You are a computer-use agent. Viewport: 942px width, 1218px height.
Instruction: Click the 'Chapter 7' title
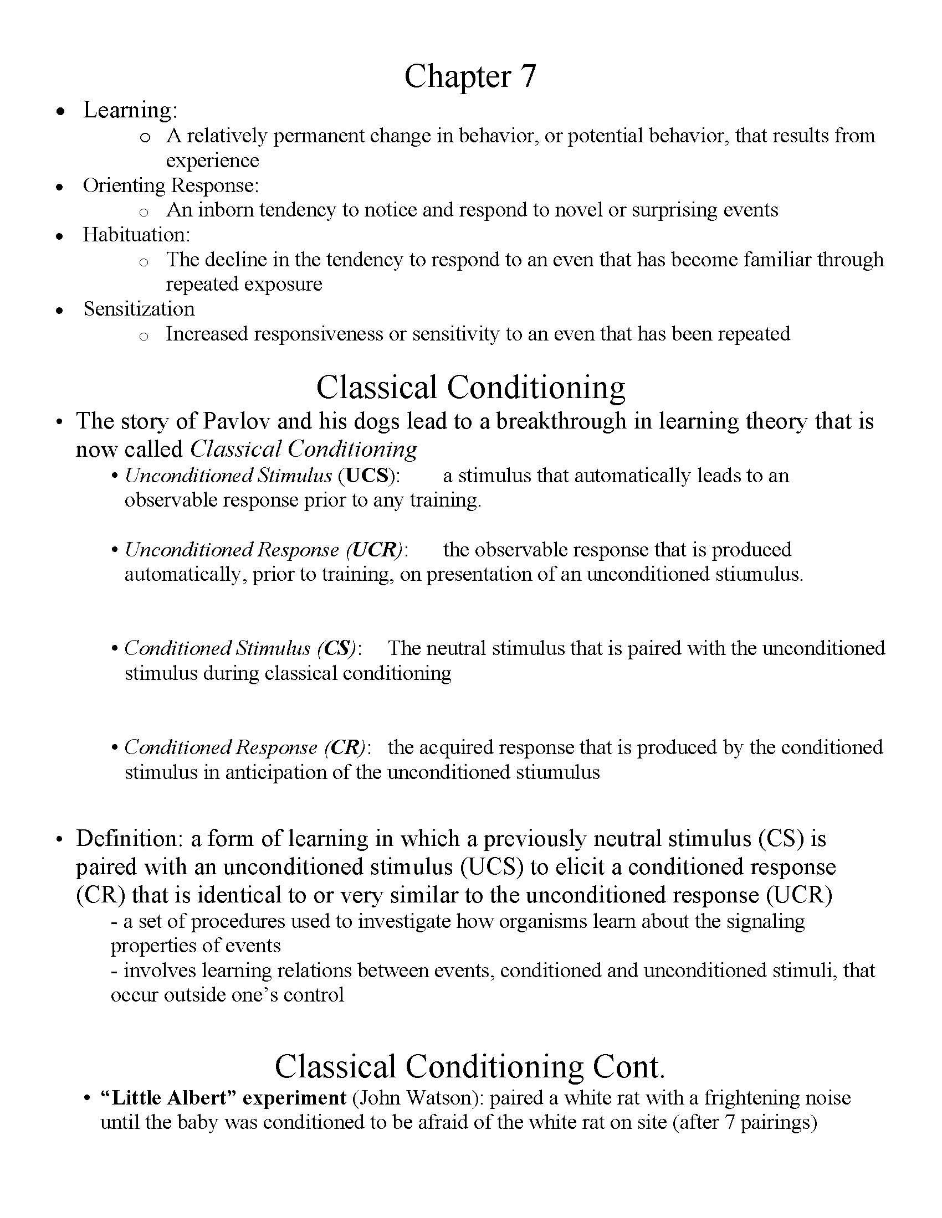(x=470, y=76)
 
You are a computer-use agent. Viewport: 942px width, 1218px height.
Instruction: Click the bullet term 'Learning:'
(x=130, y=110)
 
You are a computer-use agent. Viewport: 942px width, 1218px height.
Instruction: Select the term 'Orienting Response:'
(x=171, y=185)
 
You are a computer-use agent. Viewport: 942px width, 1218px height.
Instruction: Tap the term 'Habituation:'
(x=137, y=235)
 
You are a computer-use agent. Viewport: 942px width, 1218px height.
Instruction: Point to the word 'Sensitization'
(x=139, y=309)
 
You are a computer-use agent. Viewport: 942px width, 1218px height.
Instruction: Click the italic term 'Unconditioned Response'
(x=231, y=550)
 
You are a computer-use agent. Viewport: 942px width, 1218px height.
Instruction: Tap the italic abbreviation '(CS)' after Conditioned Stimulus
(x=336, y=648)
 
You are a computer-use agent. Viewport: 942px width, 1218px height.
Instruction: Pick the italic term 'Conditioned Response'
(x=221, y=747)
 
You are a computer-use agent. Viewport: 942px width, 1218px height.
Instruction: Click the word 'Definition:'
(x=130, y=839)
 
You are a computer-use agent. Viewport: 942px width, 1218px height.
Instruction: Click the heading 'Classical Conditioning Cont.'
(x=470, y=1066)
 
